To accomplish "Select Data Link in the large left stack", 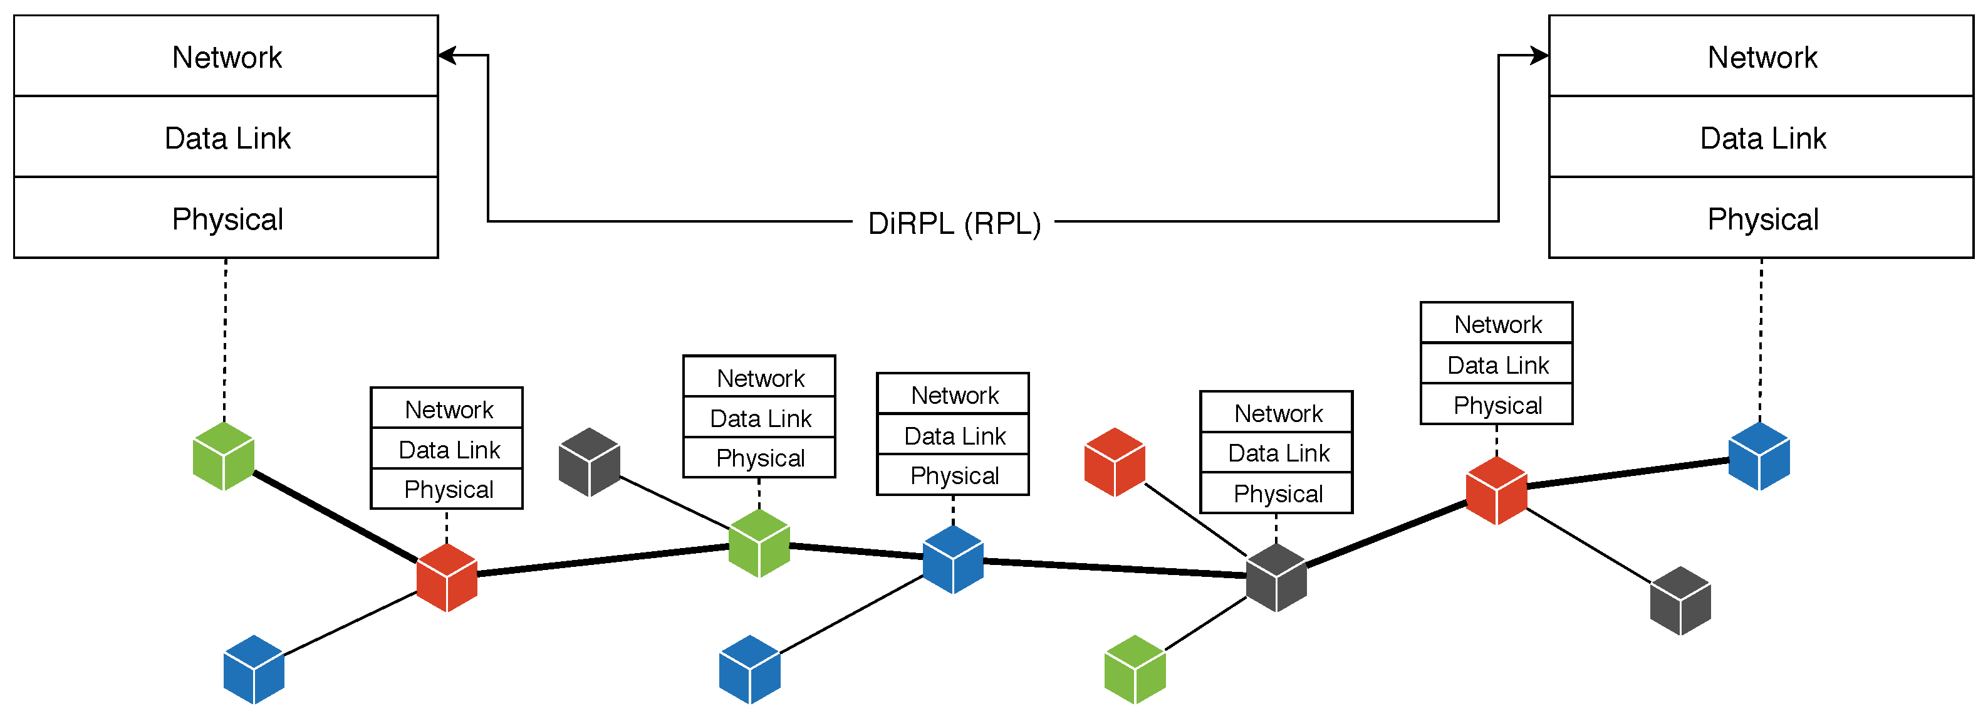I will [x=227, y=137].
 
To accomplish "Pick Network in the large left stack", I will [x=227, y=57].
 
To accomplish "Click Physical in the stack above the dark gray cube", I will [x=1278, y=494].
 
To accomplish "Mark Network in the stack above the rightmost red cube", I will [x=1497, y=324].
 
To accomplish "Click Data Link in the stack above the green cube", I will [x=759, y=418].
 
